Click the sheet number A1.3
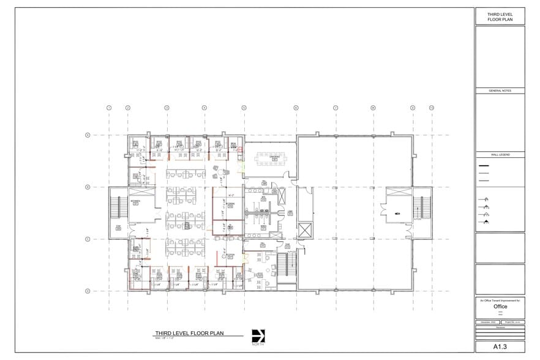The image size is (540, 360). (x=500, y=347)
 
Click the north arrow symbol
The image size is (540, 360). (x=258, y=336)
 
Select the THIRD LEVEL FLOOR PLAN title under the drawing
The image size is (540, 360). (x=189, y=333)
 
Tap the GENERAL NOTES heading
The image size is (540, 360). (x=500, y=91)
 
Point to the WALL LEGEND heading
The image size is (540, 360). (x=500, y=156)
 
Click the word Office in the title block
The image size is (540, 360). (x=500, y=306)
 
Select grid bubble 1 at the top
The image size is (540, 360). (x=109, y=108)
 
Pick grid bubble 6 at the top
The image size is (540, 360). (x=296, y=108)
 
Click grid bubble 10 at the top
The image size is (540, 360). (x=431, y=108)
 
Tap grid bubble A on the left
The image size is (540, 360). (x=88, y=135)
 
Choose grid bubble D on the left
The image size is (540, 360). (x=88, y=291)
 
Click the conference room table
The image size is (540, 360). (x=270, y=156)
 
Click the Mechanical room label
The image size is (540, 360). (x=135, y=201)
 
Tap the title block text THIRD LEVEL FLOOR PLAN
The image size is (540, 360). (x=500, y=17)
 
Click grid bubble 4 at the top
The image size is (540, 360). (x=204, y=108)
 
